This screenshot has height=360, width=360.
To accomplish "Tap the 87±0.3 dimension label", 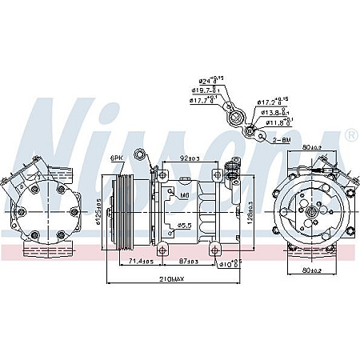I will (188, 262).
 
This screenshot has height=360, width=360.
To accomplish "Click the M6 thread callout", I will (184, 194).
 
